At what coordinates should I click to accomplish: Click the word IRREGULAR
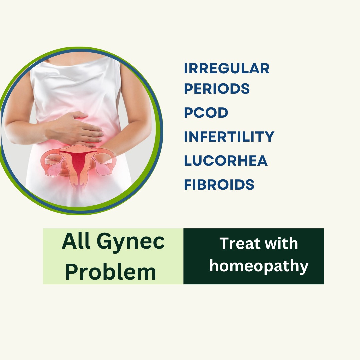coord(227,68)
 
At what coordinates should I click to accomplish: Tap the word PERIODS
coord(217,89)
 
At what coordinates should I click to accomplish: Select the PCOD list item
coord(206,113)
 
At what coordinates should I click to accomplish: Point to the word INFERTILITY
coord(229,137)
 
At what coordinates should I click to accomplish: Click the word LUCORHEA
coord(226,160)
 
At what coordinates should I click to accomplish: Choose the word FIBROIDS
coord(219,185)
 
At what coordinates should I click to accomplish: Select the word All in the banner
coord(76,241)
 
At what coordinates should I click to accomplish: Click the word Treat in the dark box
coord(240,243)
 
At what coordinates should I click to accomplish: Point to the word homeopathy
coord(259,266)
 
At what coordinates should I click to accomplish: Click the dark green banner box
coord(254,256)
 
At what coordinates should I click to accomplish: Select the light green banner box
coord(113,256)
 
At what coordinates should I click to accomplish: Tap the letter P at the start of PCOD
coord(188,113)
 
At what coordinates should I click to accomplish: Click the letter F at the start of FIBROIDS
coord(188,185)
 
